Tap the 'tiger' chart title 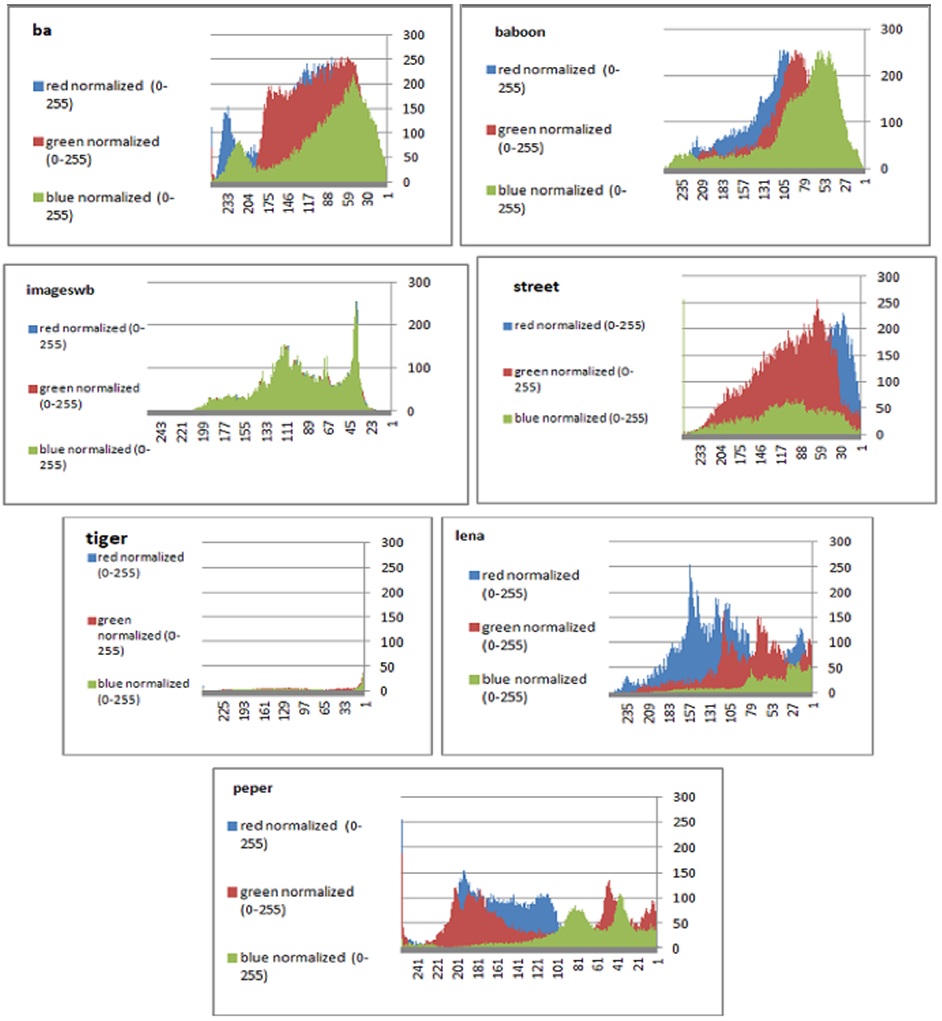pos(107,538)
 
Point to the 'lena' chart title pos(470,536)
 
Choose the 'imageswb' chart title pos(60,290)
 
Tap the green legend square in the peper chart pos(232,958)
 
